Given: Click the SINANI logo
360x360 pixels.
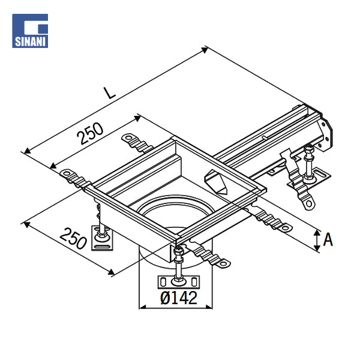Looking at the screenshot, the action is point(30,31).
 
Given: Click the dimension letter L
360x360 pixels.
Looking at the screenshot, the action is point(110,93).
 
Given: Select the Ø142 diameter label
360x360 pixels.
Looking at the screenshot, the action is point(179,298).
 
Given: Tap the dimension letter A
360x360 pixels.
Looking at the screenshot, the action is point(328,239).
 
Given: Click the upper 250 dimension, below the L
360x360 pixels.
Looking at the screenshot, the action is point(90,133).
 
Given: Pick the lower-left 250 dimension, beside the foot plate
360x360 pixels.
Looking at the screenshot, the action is point(73,239).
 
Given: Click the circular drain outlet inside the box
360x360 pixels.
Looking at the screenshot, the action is point(176,208).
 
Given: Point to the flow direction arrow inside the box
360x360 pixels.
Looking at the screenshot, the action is point(215,182).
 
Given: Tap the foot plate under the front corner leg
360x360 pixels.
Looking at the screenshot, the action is point(179,282).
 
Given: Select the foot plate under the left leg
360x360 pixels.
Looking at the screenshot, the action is point(102,238).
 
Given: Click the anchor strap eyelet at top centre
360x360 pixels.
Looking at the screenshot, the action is point(128,138).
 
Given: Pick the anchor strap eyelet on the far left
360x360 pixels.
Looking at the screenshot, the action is point(67,172).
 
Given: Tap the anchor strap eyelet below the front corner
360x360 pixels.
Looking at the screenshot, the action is point(223,263).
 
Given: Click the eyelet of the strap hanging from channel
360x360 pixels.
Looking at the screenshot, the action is point(309,203).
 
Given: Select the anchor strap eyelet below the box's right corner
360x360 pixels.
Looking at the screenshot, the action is point(285,228).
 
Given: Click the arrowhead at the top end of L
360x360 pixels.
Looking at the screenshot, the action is point(205,50).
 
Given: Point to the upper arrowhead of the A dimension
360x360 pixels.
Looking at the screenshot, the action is point(317,233).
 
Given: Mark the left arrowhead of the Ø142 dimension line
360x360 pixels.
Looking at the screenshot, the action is point(143,307).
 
